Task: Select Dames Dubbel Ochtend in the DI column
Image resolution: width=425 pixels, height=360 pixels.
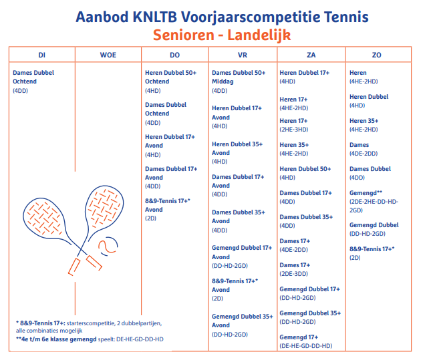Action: click(x=33, y=77)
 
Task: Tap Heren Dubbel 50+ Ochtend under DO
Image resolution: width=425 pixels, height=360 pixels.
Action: click(x=170, y=77)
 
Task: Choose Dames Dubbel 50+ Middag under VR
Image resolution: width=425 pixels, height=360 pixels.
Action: click(x=239, y=77)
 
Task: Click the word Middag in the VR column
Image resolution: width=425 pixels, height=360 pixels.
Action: click(x=223, y=81)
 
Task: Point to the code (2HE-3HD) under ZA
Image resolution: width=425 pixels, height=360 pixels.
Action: click(x=294, y=130)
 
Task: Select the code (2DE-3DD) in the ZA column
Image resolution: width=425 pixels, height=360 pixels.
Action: click(x=294, y=274)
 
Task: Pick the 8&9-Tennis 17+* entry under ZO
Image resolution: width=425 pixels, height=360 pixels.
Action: click(x=372, y=249)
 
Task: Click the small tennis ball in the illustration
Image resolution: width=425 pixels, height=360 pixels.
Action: click(x=107, y=247)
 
